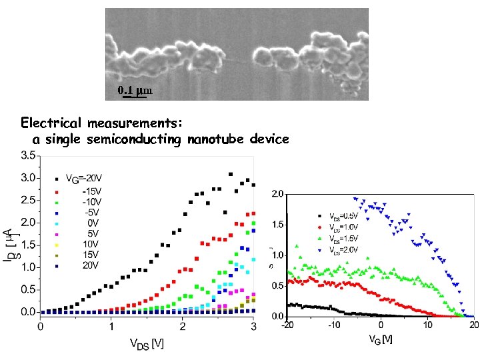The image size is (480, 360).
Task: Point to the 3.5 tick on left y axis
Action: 27,155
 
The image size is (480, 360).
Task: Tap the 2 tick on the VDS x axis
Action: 182,327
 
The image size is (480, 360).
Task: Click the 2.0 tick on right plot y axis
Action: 278,194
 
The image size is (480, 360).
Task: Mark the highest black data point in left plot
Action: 231,174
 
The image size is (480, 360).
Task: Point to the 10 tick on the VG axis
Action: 427,325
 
